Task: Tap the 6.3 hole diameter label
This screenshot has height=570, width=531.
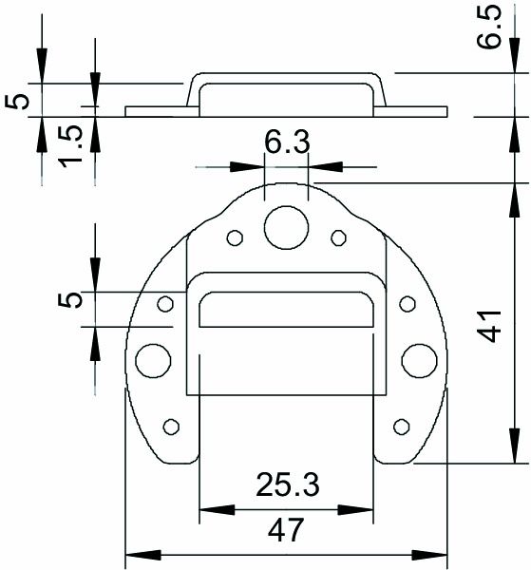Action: [286, 143]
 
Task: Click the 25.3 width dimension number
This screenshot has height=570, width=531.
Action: [286, 486]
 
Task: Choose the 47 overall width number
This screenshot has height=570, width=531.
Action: [286, 530]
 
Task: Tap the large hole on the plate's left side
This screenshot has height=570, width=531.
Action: [152, 360]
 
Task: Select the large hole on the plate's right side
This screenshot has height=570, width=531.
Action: [419, 360]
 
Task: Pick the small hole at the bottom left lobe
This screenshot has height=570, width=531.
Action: [172, 426]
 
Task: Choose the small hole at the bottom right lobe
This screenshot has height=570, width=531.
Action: [400, 426]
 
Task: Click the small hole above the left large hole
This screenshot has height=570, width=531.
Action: [165, 304]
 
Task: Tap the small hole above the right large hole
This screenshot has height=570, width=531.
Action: [407, 304]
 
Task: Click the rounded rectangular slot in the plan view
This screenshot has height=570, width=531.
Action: [286, 311]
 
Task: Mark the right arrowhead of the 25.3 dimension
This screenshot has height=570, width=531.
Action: [365, 508]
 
